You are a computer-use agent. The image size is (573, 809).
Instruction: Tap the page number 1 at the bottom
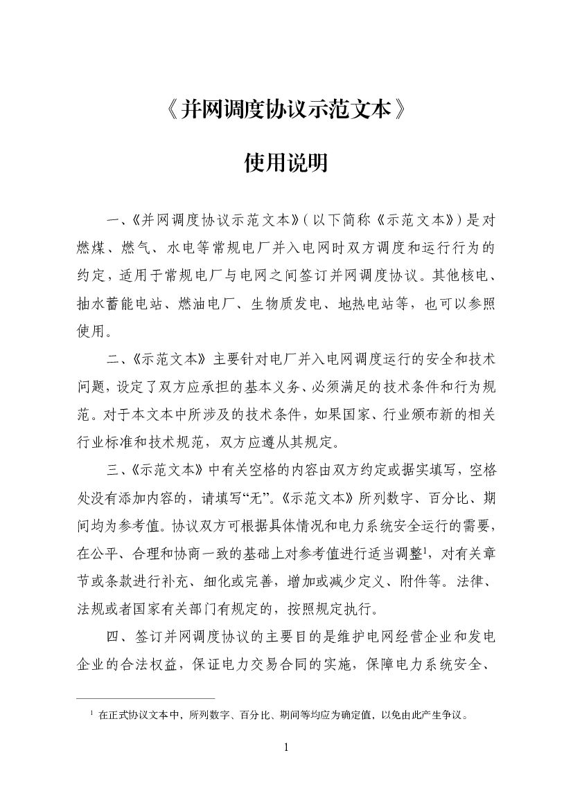(286, 747)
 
